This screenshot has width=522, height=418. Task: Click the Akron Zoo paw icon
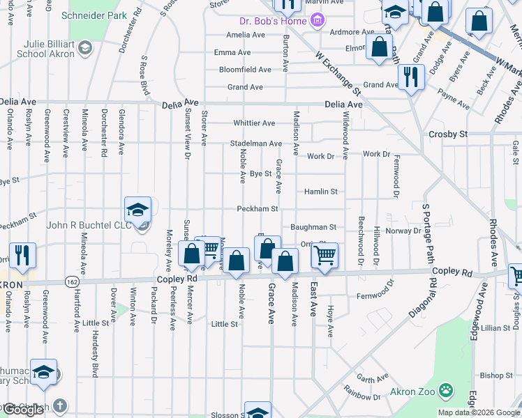coord(446,392)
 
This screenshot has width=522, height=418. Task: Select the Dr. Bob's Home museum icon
coord(318,20)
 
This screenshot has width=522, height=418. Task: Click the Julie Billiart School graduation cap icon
coord(84,47)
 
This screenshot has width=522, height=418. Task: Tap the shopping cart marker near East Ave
coord(324,256)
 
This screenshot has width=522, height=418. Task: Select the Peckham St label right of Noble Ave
coord(258,208)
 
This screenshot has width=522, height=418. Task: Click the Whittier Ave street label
coord(254,123)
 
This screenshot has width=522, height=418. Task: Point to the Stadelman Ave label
coord(255,144)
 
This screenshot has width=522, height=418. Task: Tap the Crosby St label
coord(448,134)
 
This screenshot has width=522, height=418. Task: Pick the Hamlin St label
coord(320,191)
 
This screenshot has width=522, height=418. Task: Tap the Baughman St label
coord(313,227)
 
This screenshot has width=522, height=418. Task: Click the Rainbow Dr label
coord(366,396)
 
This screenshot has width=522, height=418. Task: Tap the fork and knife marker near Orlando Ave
coord(22,256)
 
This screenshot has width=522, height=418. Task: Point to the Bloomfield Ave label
coord(245,70)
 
